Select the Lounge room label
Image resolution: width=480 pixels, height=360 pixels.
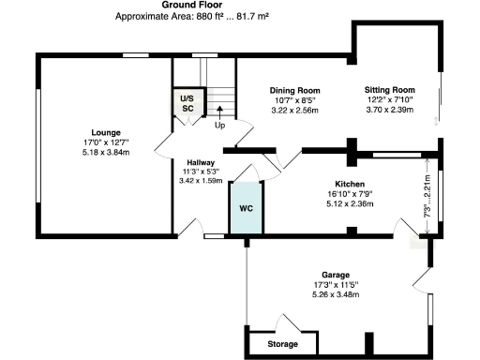click(x=105, y=132)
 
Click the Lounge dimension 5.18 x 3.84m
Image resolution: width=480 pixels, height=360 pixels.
click(x=105, y=151)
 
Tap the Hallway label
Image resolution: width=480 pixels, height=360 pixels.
click(x=200, y=161)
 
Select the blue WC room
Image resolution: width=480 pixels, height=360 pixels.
click(x=247, y=208)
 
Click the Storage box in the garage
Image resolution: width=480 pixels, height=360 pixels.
click(x=282, y=345)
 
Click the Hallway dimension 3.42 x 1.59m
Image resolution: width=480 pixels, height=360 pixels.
click(x=200, y=180)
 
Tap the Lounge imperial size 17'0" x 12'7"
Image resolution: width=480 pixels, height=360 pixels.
click(x=105, y=142)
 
